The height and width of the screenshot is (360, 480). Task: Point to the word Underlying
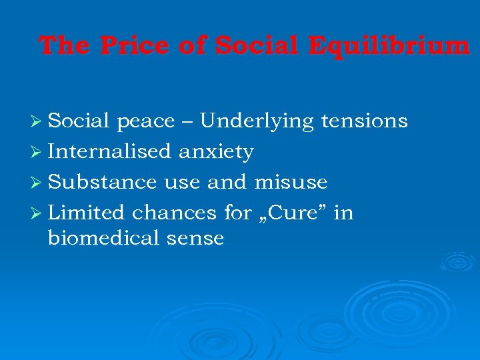(x=257, y=121)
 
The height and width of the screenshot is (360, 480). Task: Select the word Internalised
(x=110, y=152)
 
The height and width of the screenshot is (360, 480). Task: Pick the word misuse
(x=291, y=182)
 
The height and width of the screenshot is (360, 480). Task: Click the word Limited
(x=87, y=213)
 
